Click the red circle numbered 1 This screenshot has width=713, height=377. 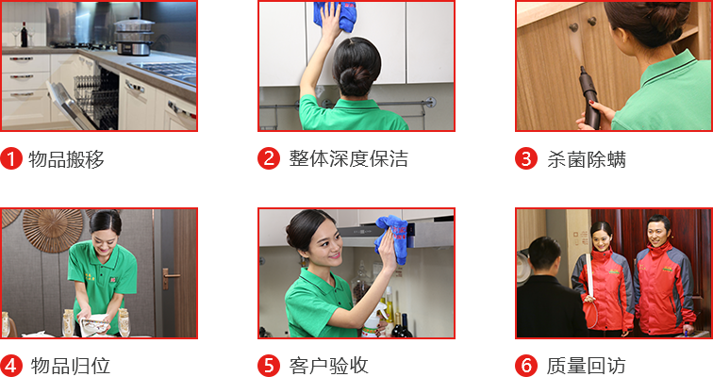click(11, 158)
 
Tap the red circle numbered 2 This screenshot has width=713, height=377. click(269, 158)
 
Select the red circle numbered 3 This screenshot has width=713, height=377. click(526, 158)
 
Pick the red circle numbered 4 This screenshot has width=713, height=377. click(11, 366)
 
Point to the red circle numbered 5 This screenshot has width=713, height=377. click(269, 366)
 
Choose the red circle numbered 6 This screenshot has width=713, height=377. click(526, 366)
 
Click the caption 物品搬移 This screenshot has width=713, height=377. click(66, 159)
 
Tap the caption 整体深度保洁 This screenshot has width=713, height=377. click(349, 159)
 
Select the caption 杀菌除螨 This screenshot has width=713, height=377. click(586, 159)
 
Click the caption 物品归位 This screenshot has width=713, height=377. click(71, 366)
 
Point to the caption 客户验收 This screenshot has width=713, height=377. click(328, 366)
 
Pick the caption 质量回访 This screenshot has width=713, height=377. click(586, 366)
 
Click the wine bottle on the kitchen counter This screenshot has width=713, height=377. click(25, 35)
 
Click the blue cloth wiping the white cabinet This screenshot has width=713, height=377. click(336, 16)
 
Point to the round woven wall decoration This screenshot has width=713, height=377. click(53, 230)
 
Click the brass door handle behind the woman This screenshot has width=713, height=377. click(168, 277)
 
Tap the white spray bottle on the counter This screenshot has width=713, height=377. click(372, 322)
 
